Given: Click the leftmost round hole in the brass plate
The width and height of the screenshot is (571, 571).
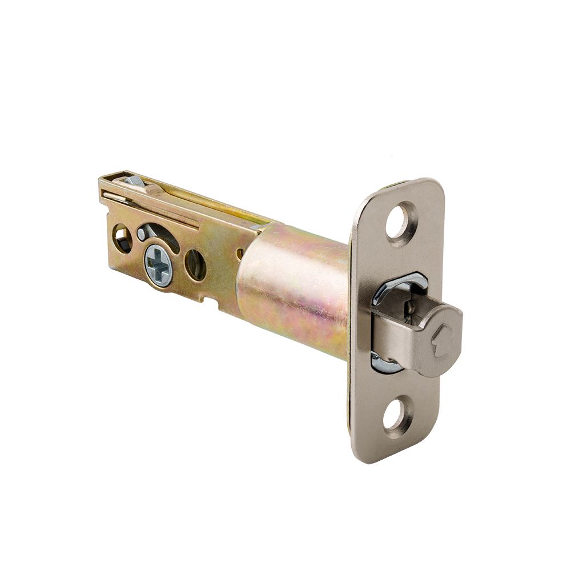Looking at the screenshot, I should point(122,236).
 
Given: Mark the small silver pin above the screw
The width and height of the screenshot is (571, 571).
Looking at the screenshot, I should point(141,234).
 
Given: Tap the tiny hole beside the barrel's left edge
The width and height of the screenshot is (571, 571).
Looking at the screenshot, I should point(240,251).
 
